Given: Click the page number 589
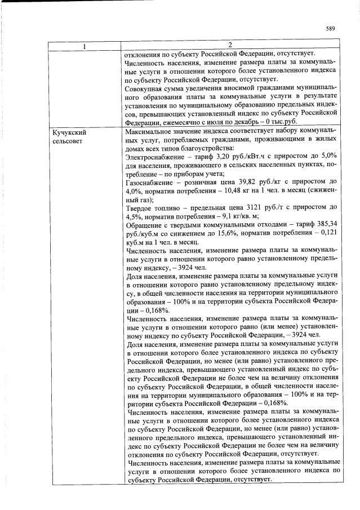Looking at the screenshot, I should click(331, 29).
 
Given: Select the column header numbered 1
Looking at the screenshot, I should click(85, 45).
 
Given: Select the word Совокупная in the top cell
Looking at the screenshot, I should click(148, 88).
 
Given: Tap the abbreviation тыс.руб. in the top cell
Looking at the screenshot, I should click(279, 122).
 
